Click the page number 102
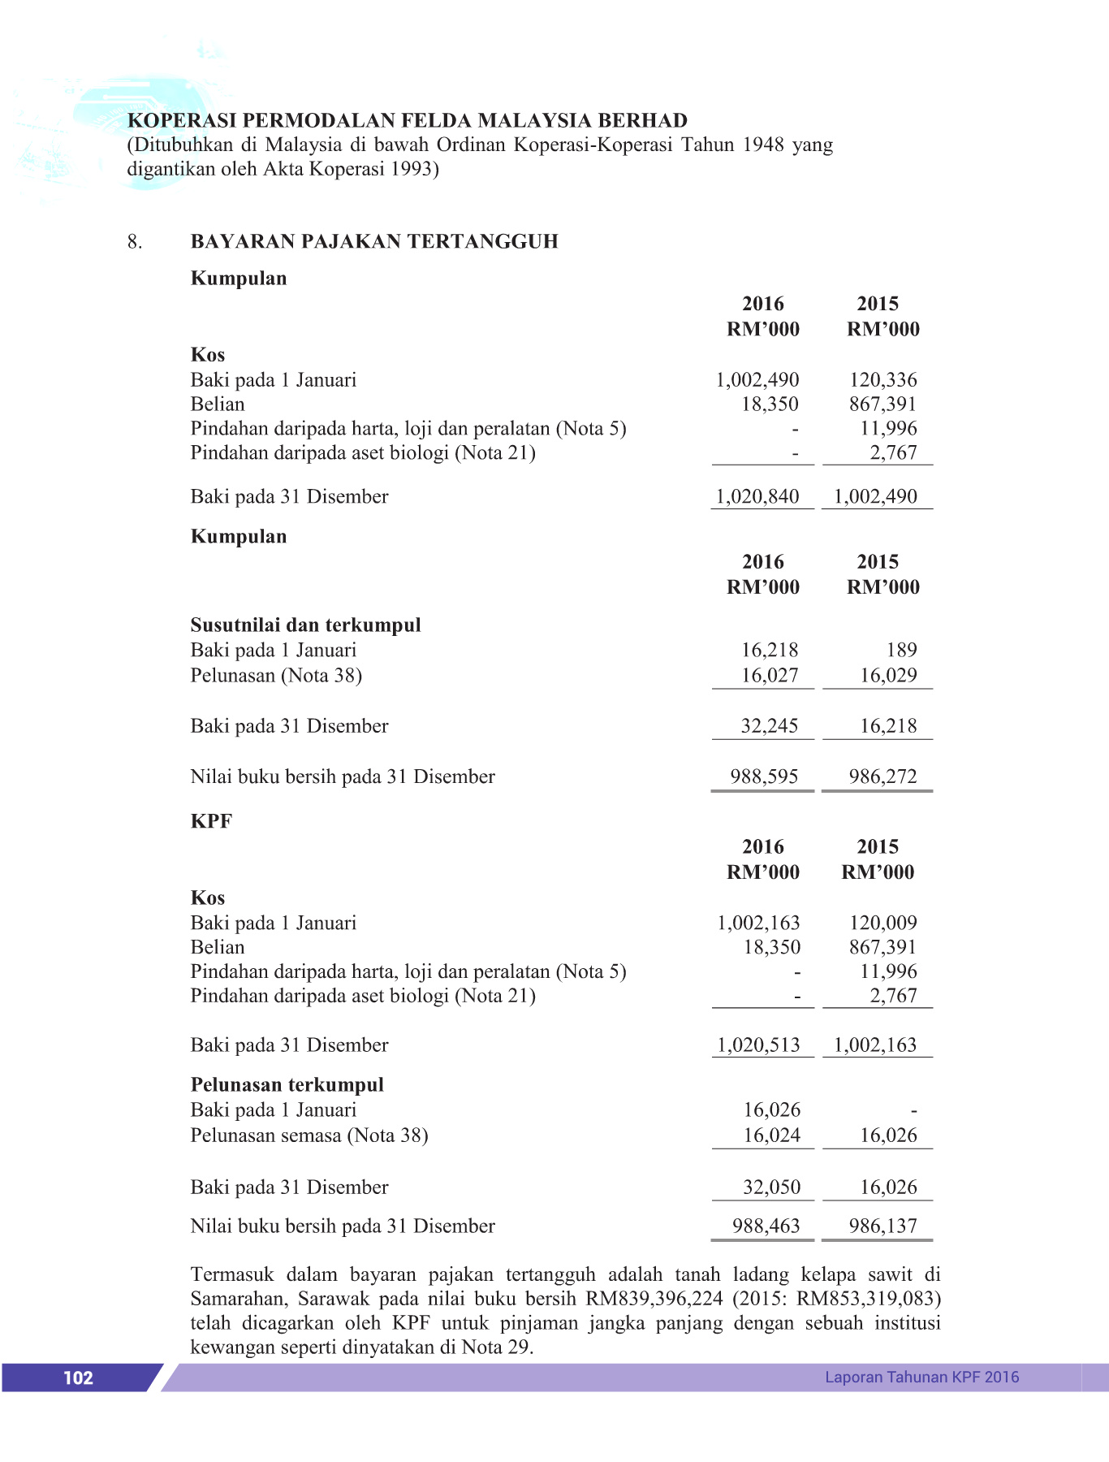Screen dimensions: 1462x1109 78,1378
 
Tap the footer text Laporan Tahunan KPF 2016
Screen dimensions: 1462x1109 921,1377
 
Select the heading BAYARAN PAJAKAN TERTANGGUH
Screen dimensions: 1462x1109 374,241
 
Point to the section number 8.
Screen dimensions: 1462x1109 135,241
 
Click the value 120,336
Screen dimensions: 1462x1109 883,380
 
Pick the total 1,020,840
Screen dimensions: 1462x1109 757,496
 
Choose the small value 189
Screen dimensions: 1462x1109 901,650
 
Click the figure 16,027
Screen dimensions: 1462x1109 770,675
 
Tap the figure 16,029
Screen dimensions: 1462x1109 888,675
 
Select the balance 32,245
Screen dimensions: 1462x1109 770,725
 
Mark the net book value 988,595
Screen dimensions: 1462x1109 764,776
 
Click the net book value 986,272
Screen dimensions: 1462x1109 883,776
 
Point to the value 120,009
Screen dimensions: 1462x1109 883,923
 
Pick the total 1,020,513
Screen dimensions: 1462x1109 758,1045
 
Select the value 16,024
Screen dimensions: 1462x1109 772,1135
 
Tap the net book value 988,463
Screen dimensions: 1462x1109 766,1226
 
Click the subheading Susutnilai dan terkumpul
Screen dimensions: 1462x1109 305,625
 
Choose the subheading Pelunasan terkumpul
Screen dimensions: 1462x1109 287,1084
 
